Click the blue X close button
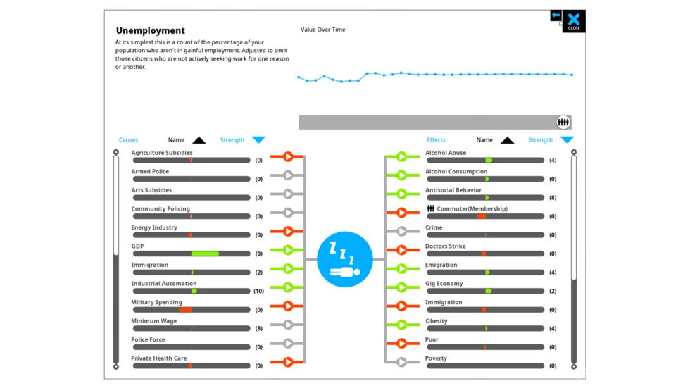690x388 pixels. pyautogui.click(x=574, y=20)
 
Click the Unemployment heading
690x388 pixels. pyautogui.click(x=151, y=30)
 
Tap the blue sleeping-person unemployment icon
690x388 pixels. pyautogui.click(x=344, y=259)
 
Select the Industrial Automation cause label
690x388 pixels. pyautogui.click(x=163, y=283)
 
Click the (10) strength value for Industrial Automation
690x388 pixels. pyautogui.click(x=259, y=291)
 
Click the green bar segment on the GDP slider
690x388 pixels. pyautogui.click(x=205, y=254)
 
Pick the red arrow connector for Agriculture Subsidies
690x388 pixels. pyautogui.click(x=287, y=156)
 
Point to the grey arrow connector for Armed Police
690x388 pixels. pyautogui.click(x=287, y=175)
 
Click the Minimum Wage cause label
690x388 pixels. pyautogui.click(x=154, y=320)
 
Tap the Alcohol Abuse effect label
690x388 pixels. pyautogui.click(x=445, y=153)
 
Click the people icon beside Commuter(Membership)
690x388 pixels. pyautogui.click(x=431, y=208)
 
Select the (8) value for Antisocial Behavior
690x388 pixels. pyautogui.click(x=553, y=197)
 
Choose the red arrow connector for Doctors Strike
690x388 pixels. pyautogui.click(x=402, y=250)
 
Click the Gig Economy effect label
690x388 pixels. pyautogui.click(x=444, y=283)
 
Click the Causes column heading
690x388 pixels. pyautogui.click(x=128, y=139)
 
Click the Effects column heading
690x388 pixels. pyautogui.click(x=436, y=139)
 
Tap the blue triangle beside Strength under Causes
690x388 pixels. pyautogui.click(x=259, y=140)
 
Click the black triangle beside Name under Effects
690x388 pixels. pyautogui.click(x=508, y=140)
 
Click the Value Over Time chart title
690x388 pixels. pyautogui.click(x=323, y=30)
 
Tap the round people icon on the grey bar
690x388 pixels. pyautogui.click(x=563, y=123)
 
